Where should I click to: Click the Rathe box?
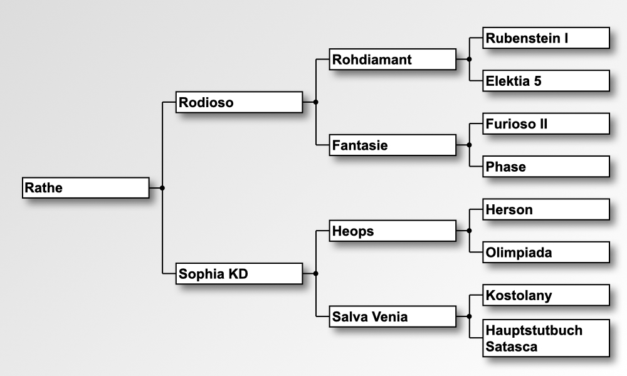coord(86,187)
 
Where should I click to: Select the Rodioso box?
coord(239,102)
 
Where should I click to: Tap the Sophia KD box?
coord(239,273)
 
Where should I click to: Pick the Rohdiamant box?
coord(393,60)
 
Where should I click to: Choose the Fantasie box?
coord(393,145)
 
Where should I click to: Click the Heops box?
coord(393,231)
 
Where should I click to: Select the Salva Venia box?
coord(393,316)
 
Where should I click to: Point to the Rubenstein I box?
coord(546,38)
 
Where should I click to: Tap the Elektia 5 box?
coord(546,81)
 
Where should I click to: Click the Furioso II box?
coord(546,123)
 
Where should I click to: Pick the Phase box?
coord(546,167)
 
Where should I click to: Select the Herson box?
coord(546,209)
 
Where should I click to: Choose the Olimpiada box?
coord(546,252)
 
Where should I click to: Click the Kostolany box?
coord(546,295)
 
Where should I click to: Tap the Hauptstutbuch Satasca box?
coord(546,338)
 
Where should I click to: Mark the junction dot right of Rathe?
coord(162,187)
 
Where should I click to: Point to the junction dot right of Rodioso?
coord(315,102)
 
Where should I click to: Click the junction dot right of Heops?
coord(469,231)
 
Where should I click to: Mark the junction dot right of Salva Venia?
coord(469,316)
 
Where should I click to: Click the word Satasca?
coord(512,347)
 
